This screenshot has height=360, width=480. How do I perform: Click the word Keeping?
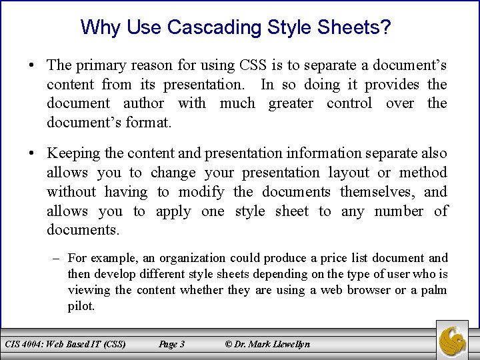[71, 153]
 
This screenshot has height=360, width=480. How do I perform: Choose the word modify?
[201, 192]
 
